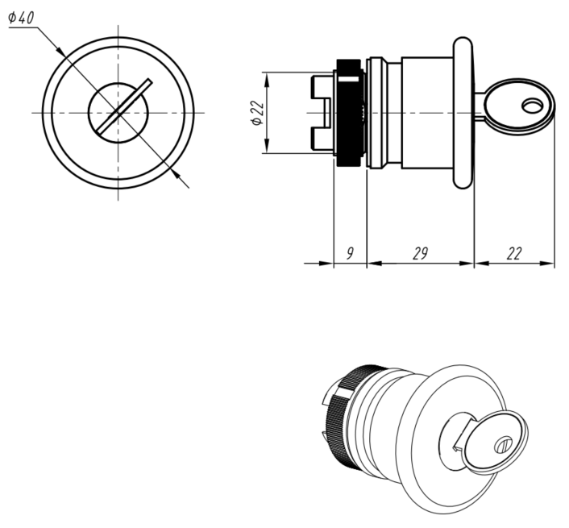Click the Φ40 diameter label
(21, 18)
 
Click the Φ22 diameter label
(257, 113)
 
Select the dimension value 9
(350, 253)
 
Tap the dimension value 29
(421, 253)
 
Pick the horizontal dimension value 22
(514, 253)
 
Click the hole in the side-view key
(533, 106)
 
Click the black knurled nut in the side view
(350, 113)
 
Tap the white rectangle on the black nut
(348, 79)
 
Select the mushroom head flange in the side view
(463, 113)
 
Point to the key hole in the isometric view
(504, 444)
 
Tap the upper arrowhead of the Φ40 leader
(61, 51)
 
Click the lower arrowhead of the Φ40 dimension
(176, 174)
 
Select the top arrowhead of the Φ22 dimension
(267, 80)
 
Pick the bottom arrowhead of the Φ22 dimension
(267, 146)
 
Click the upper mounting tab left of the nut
(322, 87)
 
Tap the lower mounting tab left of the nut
(322, 139)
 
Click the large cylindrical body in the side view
(427, 113)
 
